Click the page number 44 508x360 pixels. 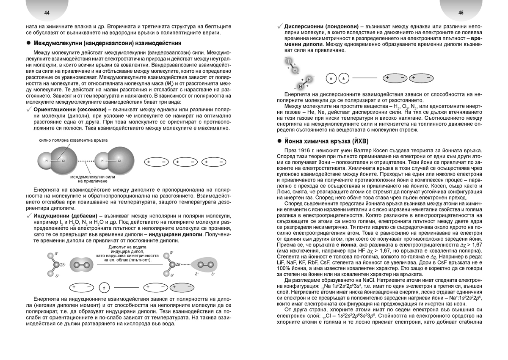tap(47, 13)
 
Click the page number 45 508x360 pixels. tap(461, 13)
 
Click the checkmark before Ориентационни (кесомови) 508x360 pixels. tap(28, 110)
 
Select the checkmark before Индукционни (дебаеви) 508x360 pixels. tap(28, 216)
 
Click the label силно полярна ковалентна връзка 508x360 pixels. tap(67, 140)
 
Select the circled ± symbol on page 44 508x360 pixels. tap(103, 288)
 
